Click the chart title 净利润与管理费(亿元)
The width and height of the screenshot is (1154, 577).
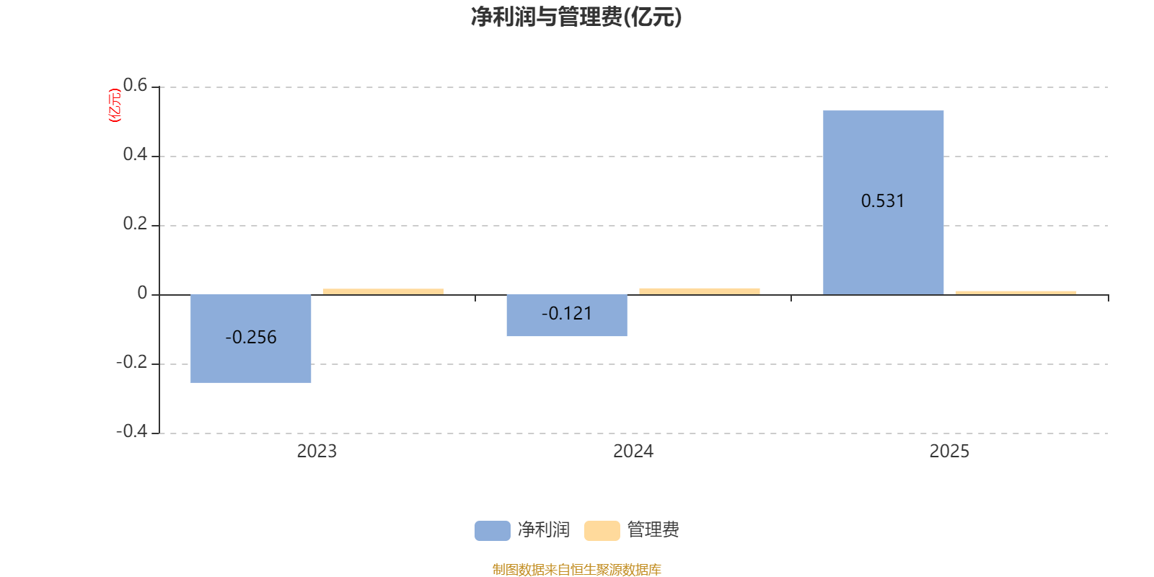pyautogui.click(x=576, y=17)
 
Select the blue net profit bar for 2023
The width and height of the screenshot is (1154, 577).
pyautogui.click(x=250, y=338)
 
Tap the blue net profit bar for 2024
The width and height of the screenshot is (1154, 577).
pyautogui.click(x=567, y=315)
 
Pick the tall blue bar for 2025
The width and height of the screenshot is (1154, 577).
pyautogui.click(x=883, y=203)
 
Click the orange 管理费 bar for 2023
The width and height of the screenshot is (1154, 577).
pyautogui.click(x=383, y=291)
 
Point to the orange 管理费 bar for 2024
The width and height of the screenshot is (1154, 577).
pyautogui.click(x=700, y=291)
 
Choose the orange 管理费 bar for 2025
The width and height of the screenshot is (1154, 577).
pyautogui.click(x=1016, y=293)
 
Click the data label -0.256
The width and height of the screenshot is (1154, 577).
pyautogui.click(x=251, y=337)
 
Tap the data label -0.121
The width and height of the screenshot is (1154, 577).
pyautogui.click(x=567, y=313)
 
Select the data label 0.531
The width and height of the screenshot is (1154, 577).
pyautogui.click(x=883, y=201)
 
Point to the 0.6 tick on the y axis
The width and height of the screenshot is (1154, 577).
pyautogui.click(x=135, y=85)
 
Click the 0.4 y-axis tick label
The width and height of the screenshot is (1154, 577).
pyautogui.click(x=135, y=154)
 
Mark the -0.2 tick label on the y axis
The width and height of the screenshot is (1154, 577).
pyautogui.click(x=132, y=362)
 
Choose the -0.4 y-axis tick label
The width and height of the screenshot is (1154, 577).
pyautogui.click(x=132, y=431)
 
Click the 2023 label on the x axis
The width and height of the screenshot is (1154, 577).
pyautogui.click(x=317, y=452)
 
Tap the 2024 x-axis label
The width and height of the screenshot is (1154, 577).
pyautogui.click(x=633, y=452)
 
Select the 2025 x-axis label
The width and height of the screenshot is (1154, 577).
pyautogui.click(x=949, y=452)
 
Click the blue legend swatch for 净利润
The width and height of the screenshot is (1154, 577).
pyautogui.click(x=493, y=531)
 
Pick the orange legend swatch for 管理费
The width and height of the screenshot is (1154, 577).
pyautogui.click(x=602, y=531)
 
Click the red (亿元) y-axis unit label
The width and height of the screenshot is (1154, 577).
pyautogui.click(x=115, y=105)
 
